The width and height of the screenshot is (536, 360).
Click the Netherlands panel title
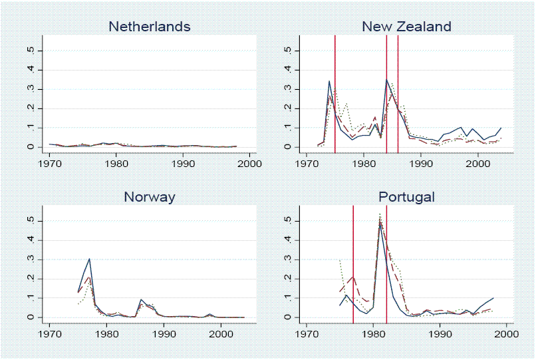149,27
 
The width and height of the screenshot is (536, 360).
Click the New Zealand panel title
406,27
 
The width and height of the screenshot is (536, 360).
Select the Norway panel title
149,197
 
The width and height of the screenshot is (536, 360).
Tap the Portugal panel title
406,197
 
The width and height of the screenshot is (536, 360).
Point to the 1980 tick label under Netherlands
116,161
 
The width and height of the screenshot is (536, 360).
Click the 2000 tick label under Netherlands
249,161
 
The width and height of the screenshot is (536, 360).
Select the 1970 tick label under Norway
50,331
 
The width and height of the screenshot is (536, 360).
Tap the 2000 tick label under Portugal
506,331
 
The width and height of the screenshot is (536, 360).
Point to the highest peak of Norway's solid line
89,259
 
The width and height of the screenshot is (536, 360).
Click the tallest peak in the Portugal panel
380,215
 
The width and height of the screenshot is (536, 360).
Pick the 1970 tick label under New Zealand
307,161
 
